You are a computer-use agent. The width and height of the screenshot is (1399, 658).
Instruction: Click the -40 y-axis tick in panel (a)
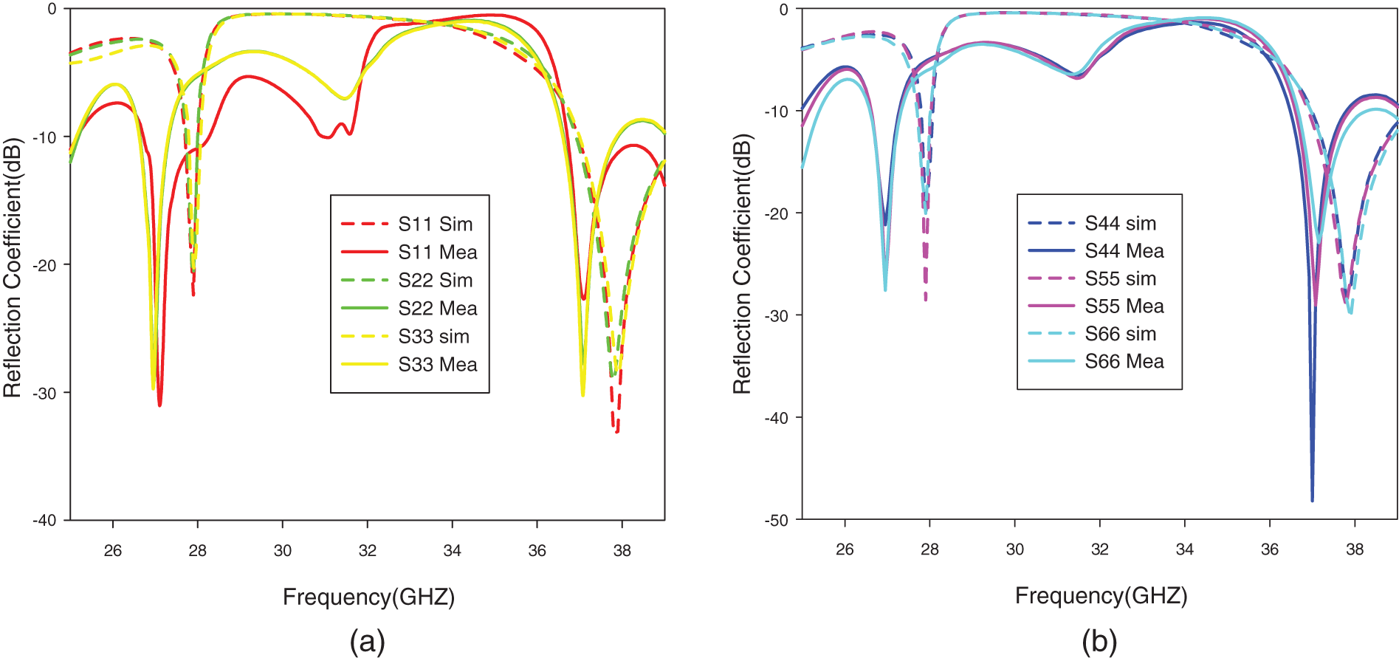[x=45, y=520]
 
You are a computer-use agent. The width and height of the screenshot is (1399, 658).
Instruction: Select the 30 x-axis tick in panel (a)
[x=283, y=550]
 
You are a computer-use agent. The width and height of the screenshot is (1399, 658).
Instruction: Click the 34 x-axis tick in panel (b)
[x=1185, y=549]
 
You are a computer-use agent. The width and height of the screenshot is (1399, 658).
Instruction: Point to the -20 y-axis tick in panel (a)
[x=45, y=264]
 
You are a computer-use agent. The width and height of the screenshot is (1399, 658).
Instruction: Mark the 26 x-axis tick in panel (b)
[x=845, y=549]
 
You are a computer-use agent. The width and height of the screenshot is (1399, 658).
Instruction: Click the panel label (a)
[x=367, y=641]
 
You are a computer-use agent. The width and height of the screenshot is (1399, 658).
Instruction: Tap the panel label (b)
[x=1099, y=641]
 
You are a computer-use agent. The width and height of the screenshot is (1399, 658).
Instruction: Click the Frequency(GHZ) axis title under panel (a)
[x=368, y=597]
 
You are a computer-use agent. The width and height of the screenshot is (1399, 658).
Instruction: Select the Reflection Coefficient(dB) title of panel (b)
[x=742, y=264]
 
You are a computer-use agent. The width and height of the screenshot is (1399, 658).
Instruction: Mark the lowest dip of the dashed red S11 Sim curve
[x=617, y=431]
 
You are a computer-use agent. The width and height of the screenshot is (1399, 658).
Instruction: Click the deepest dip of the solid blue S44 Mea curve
[x=1312, y=501]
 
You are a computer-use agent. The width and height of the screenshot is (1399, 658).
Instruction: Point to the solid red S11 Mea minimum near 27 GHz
[x=159, y=405]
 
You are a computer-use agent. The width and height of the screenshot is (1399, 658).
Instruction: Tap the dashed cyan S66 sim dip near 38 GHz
[x=1350, y=313]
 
